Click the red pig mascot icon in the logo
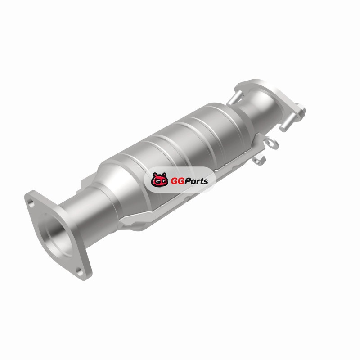pyautogui.click(x=159, y=180)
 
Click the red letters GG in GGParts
pyautogui.click(x=178, y=181)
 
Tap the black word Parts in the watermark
pyautogui.click(x=197, y=181)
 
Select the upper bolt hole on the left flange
pyautogui.click(x=31, y=203)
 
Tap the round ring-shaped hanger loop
pyautogui.click(x=273, y=143)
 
